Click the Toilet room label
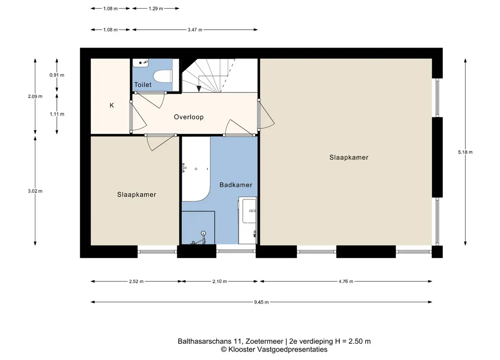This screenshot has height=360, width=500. tap(143, 85)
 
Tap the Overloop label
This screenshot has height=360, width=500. tap(189, 117)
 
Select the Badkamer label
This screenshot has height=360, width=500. tap(236, 185)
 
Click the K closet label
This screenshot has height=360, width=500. tap(112, 105)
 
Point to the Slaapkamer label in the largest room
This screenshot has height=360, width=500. tap(348, 158)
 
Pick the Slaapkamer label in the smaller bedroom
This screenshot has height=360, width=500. tap(136, 195)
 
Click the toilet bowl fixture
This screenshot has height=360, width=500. tap(164, 76)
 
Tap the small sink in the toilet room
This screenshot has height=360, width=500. tap(141, 63)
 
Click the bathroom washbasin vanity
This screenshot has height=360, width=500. tap(248, 220)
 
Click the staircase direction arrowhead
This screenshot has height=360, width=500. tap(199, 89)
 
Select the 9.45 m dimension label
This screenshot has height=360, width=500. tap(261, 302)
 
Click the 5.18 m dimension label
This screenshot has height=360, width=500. tap(465, 152)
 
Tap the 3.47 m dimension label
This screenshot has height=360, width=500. tap(195, 30)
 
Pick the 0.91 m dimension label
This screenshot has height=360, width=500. tap(57, 75)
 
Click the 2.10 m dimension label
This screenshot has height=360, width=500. tap(220, 281)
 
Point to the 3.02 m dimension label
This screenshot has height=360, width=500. tap(35, 191)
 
